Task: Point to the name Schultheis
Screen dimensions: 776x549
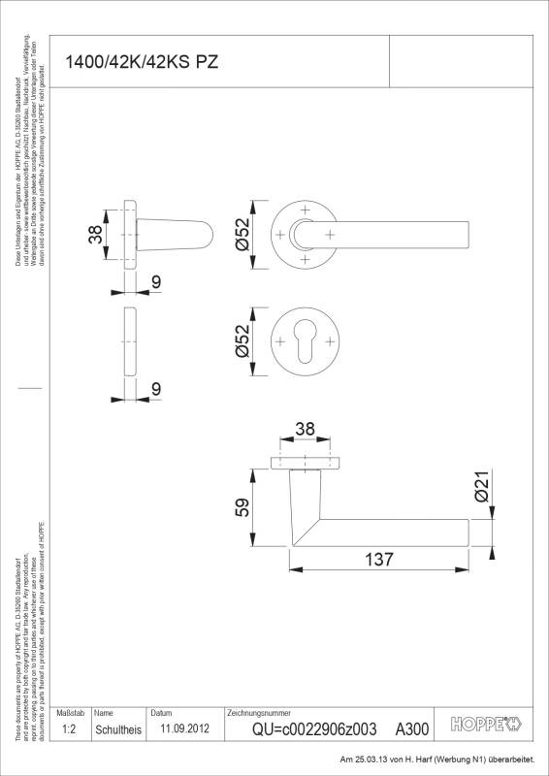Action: pyautogui.click(x=117, y=728)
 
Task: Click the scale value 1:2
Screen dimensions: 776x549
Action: pyautogui.click(x=68, y=727)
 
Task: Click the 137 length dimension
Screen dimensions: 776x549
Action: pyautogui.click(x=379, y=560)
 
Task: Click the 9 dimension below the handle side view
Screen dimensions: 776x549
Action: pyautogui.click(x=155, y=281)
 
